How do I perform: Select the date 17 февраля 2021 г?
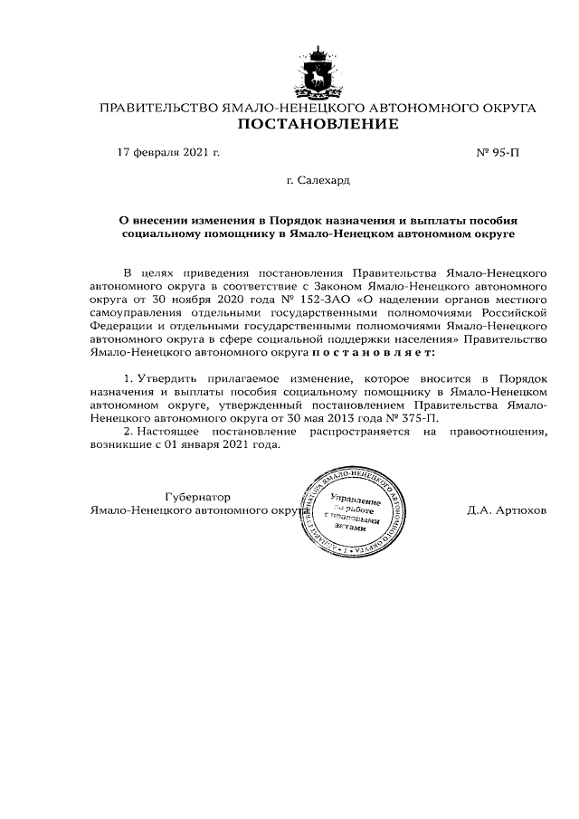click(168, 153)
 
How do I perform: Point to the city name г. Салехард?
click(318, 182)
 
